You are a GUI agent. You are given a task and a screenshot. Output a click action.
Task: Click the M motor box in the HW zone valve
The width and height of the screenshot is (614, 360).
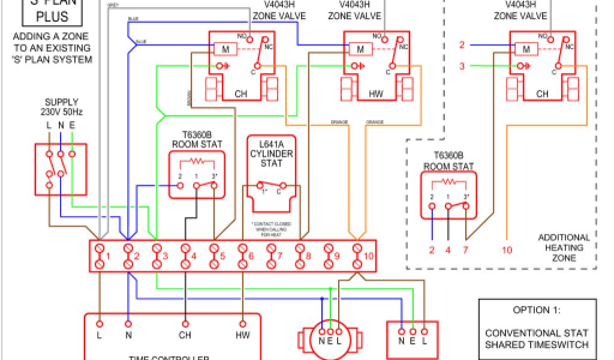tap(360, 49)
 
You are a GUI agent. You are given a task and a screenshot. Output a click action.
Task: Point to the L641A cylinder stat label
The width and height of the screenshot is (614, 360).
tap(271, 154)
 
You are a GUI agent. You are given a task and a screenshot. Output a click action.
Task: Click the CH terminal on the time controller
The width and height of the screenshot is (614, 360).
tap(185, 335)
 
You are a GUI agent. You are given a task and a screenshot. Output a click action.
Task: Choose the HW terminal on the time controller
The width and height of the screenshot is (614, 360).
tap(243, 335)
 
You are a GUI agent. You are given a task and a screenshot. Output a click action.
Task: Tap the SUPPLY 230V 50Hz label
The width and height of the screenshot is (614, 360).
tap(61, 107)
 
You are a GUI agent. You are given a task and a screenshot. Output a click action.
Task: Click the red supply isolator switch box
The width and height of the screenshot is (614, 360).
tap(61, 169)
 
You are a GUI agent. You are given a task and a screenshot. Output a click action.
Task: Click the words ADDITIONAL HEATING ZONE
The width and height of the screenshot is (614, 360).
tap(564, 247)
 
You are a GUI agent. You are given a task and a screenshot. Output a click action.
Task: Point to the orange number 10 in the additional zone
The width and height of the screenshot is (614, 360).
tap(507, 250)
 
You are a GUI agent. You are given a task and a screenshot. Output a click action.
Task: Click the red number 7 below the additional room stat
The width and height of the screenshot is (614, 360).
tap(465, 250)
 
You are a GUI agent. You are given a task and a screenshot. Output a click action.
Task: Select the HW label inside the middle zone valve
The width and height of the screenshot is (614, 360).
tap(376, 94)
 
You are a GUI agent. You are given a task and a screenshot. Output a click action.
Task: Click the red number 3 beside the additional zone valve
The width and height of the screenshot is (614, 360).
tap(462, 66)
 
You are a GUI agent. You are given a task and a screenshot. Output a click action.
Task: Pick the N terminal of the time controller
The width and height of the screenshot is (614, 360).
tap(128, 335)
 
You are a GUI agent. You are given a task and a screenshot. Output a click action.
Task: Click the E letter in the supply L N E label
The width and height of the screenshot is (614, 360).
tap(72, 125)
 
